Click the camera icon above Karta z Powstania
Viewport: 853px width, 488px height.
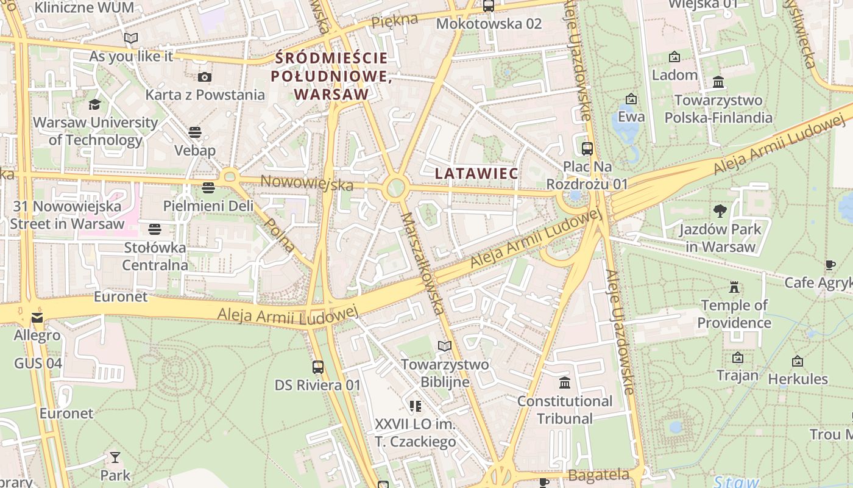click(204, 77)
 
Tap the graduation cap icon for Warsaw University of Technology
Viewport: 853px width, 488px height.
click(94, 104)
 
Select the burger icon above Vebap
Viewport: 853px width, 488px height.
click(195, 132)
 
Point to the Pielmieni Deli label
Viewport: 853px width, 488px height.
click(208, 206)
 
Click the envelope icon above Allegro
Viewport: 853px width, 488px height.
click(37, 318)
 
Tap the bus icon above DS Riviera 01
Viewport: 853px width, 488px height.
click(317, 367)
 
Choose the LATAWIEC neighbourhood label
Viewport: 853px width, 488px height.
click(476, 173)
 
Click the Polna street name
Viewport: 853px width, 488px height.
click(281, 235)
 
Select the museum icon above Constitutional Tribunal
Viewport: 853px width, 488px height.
click(564, 383)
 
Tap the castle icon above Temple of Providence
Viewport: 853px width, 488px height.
click(734, 287)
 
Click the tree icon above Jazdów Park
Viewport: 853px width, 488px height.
click(720, 211)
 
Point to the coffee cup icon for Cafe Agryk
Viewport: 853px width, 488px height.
click(830, 265)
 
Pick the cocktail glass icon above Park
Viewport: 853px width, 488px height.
click(115, 457)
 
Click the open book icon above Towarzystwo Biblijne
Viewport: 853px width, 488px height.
click(445, 346)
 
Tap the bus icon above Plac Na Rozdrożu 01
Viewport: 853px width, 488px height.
click(587, 148)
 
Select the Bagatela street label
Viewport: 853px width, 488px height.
click(598, 475)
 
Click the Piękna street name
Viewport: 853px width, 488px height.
click(395, 21)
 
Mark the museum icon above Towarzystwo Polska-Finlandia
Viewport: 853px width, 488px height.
click(718, 82)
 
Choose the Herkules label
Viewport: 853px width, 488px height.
click(798, 379)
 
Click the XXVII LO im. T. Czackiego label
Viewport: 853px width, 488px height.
click(415, 432)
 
